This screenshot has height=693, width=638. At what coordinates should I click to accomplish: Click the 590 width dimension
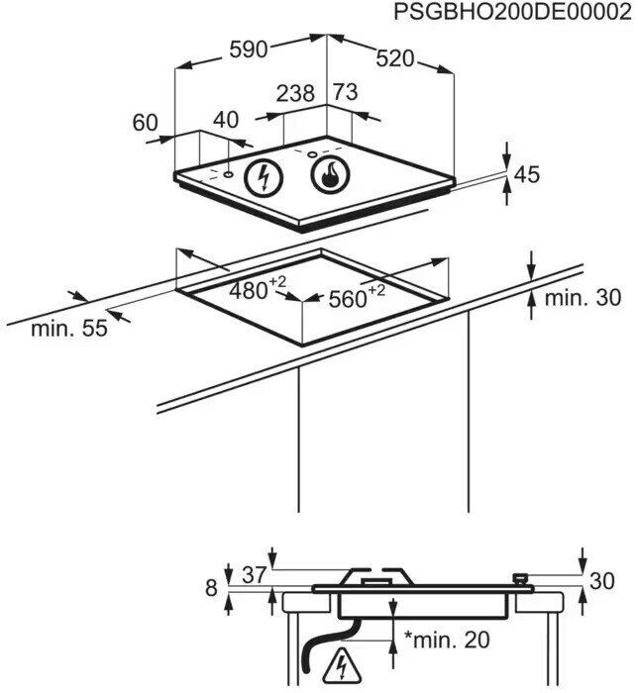248,50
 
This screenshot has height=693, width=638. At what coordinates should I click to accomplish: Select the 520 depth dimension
394,58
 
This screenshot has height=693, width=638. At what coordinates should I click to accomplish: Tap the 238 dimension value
295,94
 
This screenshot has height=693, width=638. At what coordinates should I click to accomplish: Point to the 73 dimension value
344,93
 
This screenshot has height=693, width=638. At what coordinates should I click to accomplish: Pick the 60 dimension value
145,123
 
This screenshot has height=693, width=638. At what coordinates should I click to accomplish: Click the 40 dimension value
226,120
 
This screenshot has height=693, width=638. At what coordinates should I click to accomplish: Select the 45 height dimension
527,175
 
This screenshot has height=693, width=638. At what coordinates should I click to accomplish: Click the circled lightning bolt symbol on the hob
264,177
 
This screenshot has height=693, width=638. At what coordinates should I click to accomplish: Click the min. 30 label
584,297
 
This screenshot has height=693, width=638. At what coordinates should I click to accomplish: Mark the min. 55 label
68,330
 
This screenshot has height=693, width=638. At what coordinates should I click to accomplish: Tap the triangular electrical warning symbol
343,661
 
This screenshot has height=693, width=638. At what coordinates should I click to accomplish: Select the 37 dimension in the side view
255,575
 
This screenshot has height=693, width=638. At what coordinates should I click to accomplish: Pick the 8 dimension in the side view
210,587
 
